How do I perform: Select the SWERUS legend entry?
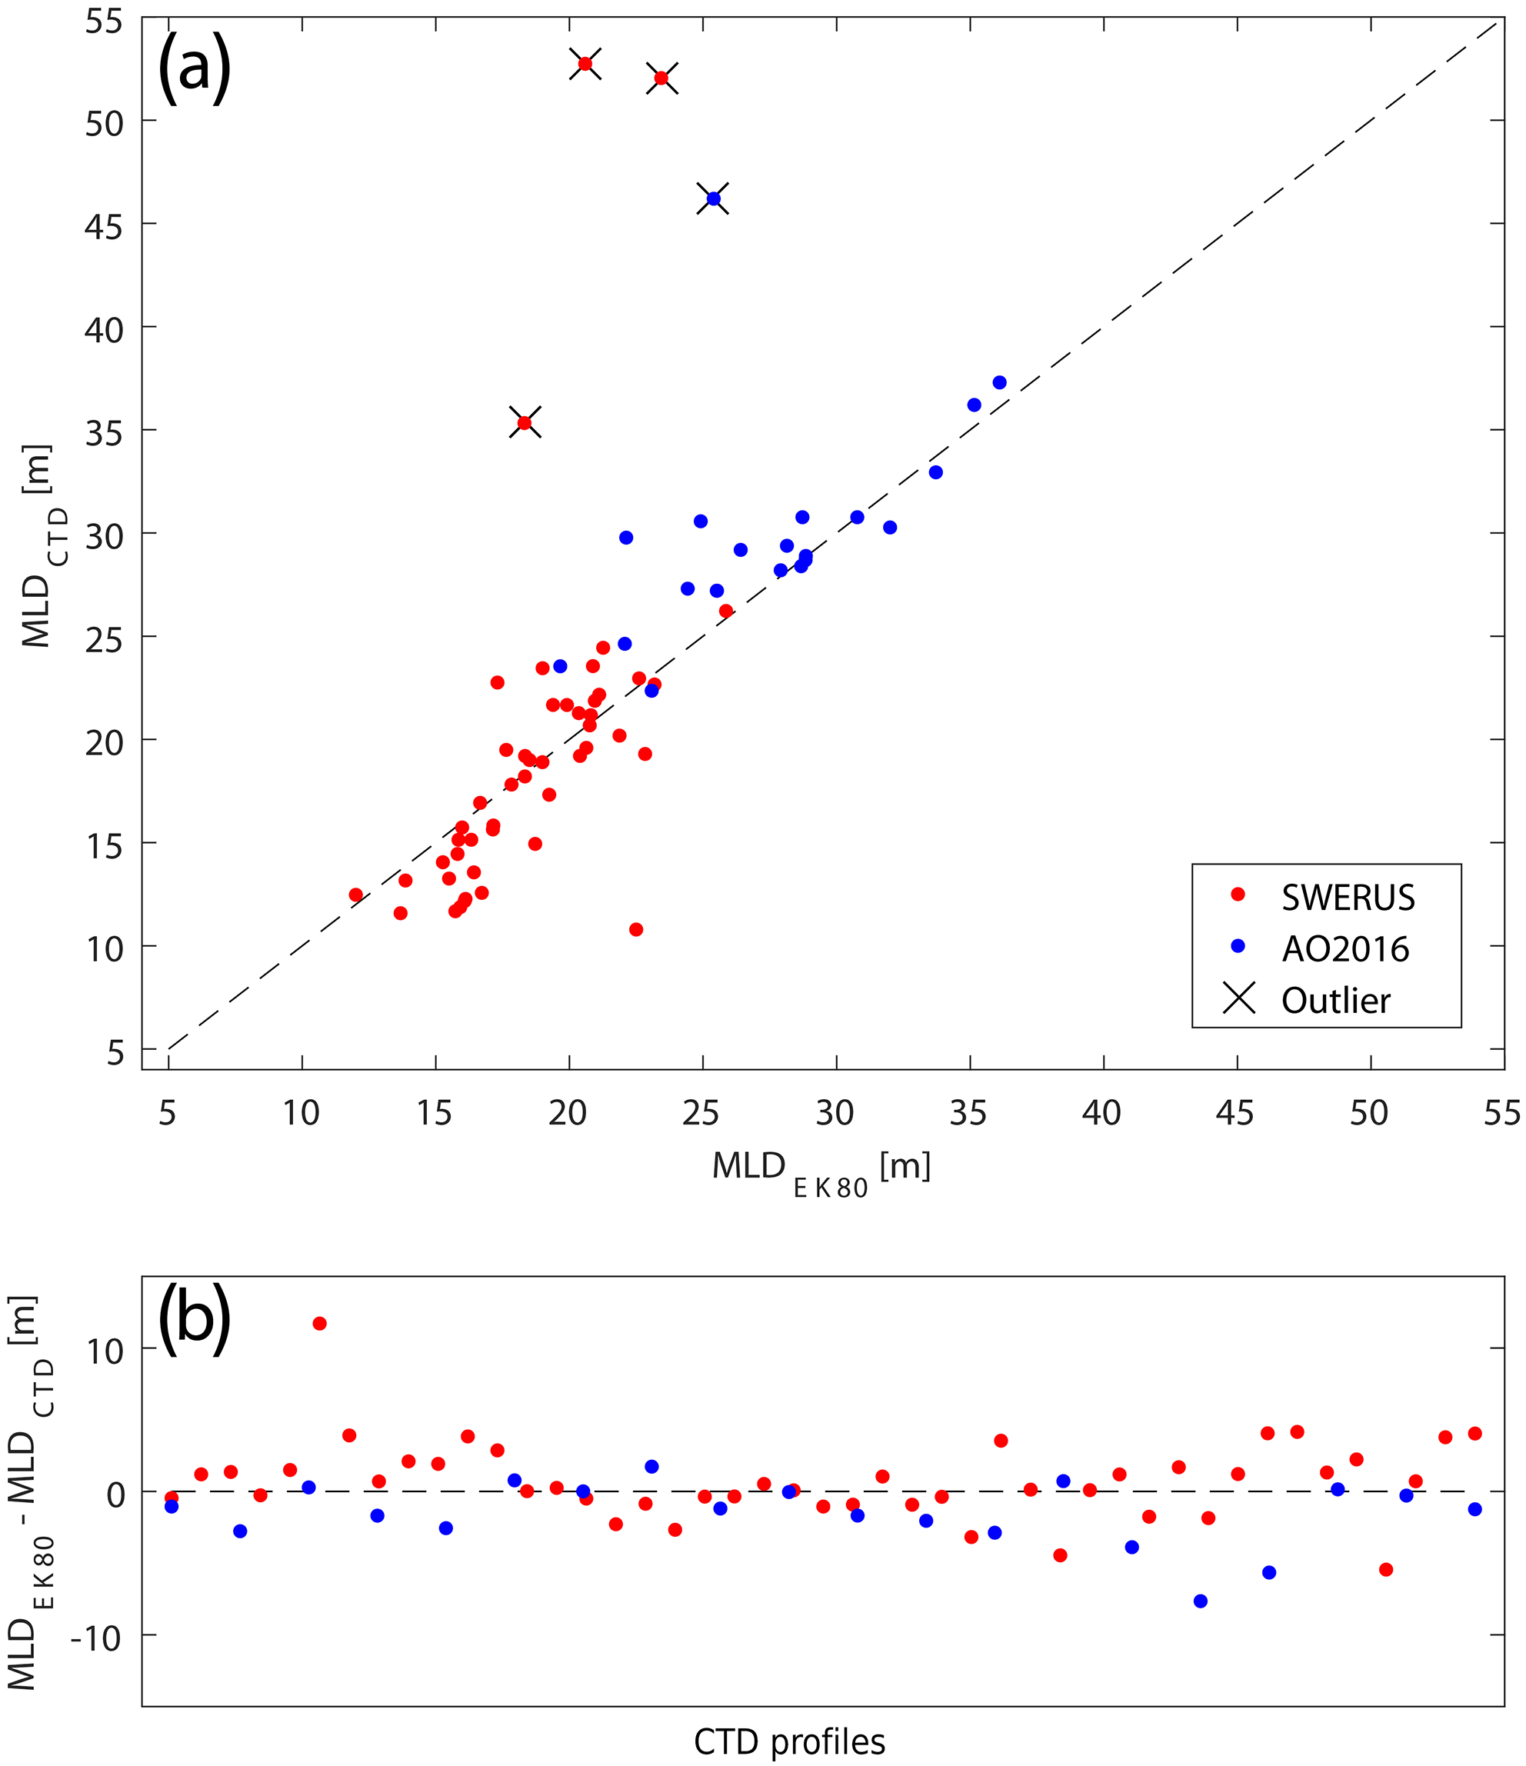coord(1348,898)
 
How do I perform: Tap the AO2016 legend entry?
coord(1345,948)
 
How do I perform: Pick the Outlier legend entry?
coord(1335,1000)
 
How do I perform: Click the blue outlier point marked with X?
coord(714,198)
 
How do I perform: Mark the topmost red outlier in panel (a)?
coord(585,64)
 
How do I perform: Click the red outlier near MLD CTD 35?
coord(525,422)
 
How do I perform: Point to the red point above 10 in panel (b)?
coord(320,1324)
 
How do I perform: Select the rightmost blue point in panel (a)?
coord(999,383)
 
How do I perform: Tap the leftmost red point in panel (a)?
coord(355,895)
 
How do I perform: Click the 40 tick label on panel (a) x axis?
coord(1101,1112)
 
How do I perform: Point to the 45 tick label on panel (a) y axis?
coord(104,226)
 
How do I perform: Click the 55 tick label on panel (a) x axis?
coord(1502,1112)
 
